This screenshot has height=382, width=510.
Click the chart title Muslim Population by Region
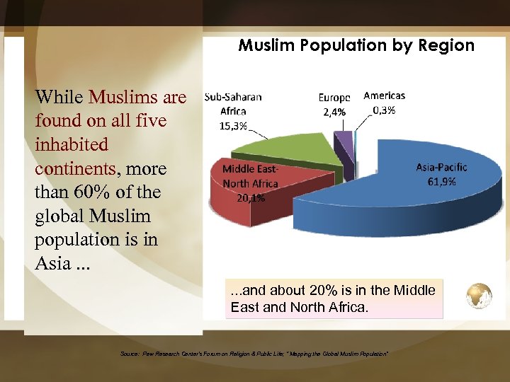coord(356,46)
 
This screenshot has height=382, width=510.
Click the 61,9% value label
coord(441,181)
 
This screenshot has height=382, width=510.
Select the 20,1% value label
coord(251,198)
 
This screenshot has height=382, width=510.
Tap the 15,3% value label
coord(233,126)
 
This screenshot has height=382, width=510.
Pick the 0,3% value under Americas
coord(384,110)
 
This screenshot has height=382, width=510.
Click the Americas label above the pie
coord(384,95)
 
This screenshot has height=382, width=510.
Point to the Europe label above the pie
coord(334,98)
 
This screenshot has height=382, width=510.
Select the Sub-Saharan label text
coord(232,98)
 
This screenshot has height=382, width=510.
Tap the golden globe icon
coord(478,295)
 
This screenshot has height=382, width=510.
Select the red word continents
coord(74,168)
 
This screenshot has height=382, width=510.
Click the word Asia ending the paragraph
coord(52,264)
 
